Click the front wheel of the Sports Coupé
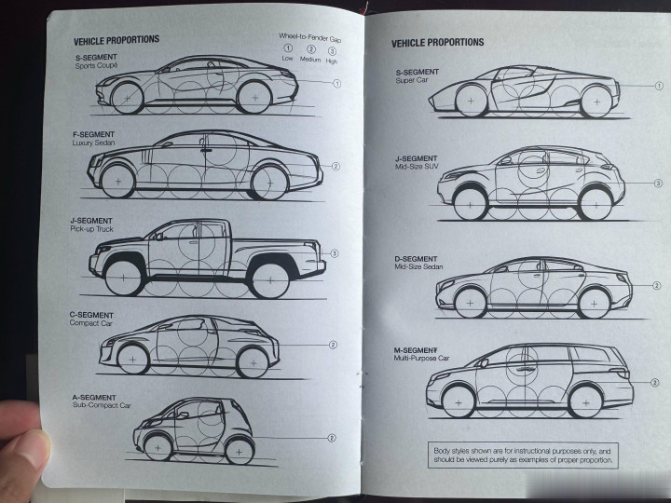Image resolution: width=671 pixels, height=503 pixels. point(128,99)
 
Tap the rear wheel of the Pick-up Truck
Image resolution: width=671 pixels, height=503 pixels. point(270,280)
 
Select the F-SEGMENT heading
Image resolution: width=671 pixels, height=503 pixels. point(93,135)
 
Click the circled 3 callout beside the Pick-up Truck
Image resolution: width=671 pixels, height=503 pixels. point(335,253)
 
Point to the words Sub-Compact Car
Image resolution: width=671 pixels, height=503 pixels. point(102,405)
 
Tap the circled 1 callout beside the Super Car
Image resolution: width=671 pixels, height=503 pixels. point(659,86)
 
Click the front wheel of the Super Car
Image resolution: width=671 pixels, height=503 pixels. point(472,102)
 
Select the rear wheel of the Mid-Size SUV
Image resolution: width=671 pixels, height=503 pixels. point(596,205)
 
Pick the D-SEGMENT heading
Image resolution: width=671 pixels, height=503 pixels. point(416,259)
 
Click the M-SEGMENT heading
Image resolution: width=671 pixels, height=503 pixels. point(416,350)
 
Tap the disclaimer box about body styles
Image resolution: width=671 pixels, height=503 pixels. point(523,455)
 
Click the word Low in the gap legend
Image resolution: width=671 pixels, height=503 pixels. point(288,58)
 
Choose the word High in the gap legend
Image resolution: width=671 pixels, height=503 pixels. point(332,61)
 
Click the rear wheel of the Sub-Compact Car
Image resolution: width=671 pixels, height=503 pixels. point(239,452)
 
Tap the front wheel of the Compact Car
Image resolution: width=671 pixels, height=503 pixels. point(132,360)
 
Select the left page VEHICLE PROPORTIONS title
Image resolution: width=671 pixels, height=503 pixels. point(116,40)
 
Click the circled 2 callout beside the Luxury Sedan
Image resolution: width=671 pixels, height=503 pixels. point(335,167)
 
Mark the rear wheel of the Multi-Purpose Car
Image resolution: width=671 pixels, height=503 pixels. point(585,402)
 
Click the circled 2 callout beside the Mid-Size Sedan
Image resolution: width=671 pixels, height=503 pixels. point(656,285)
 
